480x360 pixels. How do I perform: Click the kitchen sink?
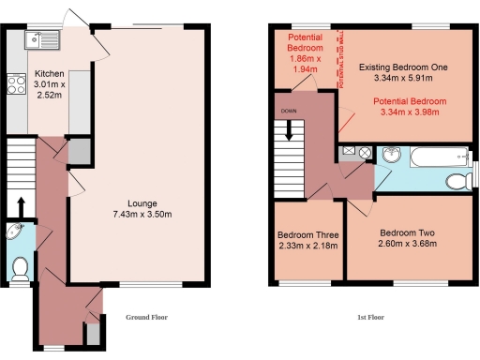tap(43, 39)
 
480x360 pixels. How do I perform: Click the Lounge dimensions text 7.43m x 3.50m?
tap(143, 215)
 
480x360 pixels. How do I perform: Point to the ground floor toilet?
tap(20, 269)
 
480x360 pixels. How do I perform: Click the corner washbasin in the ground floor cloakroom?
tap(12, 232)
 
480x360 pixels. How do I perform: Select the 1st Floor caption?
tap(372, 318)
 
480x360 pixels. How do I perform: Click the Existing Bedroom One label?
tap(403, 68)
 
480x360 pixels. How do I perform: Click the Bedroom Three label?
tap(308, 235)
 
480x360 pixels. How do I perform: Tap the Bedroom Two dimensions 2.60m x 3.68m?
tap(408, 243)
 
